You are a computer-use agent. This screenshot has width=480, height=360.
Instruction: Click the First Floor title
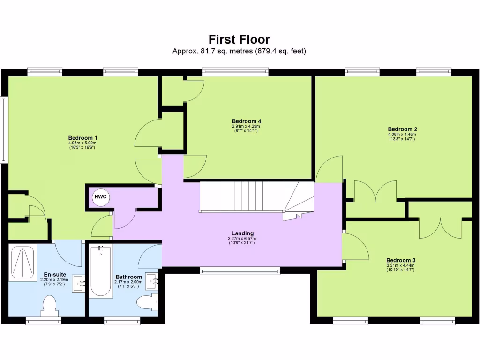click(x=239, y=39)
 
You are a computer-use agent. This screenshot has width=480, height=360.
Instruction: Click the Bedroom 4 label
click(x=246, y=121)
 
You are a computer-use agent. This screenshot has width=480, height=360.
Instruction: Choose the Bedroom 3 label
click(x=400, y=260)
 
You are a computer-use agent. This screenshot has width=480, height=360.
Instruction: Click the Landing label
click(x=242, y=233)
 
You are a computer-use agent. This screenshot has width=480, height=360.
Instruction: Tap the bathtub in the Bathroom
click(x=100, y=271)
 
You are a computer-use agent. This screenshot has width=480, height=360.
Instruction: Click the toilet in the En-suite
click(x=49, y=306)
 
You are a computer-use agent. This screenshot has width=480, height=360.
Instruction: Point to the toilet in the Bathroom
click(x=148, y=302)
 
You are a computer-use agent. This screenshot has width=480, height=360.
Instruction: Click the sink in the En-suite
click(x=78, y=283)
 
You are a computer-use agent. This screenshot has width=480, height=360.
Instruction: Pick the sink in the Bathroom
click(x=153, y=281)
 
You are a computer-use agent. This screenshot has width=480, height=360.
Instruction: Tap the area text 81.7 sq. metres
click(x=213, y=51)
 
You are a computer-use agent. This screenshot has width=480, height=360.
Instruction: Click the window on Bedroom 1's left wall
click(x=4, y=130)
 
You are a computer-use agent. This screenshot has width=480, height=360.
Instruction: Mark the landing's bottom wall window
click(x=240, y=270)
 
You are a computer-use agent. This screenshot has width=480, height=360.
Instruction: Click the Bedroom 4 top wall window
click(x=235, y=72)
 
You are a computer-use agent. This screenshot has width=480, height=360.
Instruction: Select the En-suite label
click(x=55, y=275)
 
